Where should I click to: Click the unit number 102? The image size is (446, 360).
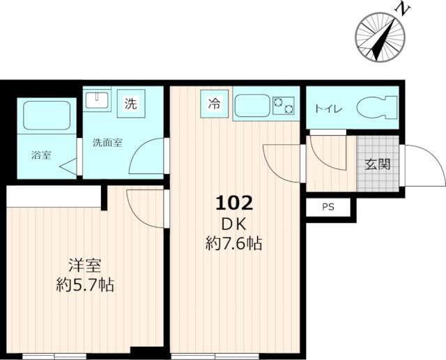coord(234,203)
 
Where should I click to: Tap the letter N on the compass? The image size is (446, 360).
coord(401,9)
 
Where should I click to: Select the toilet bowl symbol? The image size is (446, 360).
coord(376,108)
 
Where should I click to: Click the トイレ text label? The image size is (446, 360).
coord(328,109)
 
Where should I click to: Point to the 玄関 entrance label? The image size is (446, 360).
coord(378,164)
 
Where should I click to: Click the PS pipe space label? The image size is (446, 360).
coord(328,207)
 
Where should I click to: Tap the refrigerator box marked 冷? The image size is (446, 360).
coord(214,104)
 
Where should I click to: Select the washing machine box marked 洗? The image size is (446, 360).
coord(131,103)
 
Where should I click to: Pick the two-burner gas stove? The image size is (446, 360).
coord(284,106)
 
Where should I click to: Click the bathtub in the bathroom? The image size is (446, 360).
coord(47,116)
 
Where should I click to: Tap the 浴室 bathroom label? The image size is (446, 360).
coord(41,155)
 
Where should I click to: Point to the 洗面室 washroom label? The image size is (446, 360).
coord(107,143)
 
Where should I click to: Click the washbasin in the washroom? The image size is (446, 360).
coord(97,100)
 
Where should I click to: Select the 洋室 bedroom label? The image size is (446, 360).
coord(85,266)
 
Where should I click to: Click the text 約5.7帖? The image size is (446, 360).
coord(85,285)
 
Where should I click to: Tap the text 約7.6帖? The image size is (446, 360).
coord(233,243)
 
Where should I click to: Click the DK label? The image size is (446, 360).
coord(233,225)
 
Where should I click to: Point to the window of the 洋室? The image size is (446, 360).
coord(54,357)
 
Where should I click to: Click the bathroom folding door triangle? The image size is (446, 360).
coord(70,167)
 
